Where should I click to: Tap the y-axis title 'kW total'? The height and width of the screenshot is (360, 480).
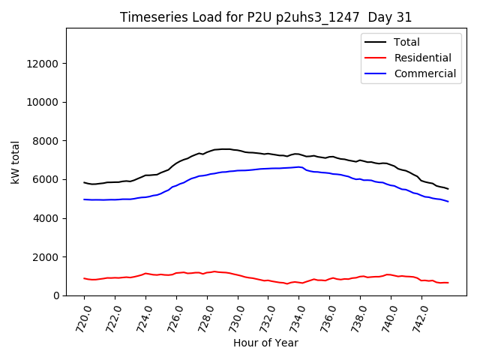16,161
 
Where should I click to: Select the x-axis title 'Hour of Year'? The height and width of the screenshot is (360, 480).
265,343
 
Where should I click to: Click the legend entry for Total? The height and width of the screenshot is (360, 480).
407,42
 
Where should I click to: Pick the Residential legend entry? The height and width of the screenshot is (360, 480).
423,58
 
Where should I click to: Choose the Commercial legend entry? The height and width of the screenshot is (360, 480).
424,73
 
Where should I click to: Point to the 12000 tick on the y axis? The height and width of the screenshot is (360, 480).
43,64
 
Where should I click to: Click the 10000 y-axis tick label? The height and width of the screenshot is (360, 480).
43,102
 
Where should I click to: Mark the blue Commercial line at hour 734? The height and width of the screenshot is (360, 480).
299,167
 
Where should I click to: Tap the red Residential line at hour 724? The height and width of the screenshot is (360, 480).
145,274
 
